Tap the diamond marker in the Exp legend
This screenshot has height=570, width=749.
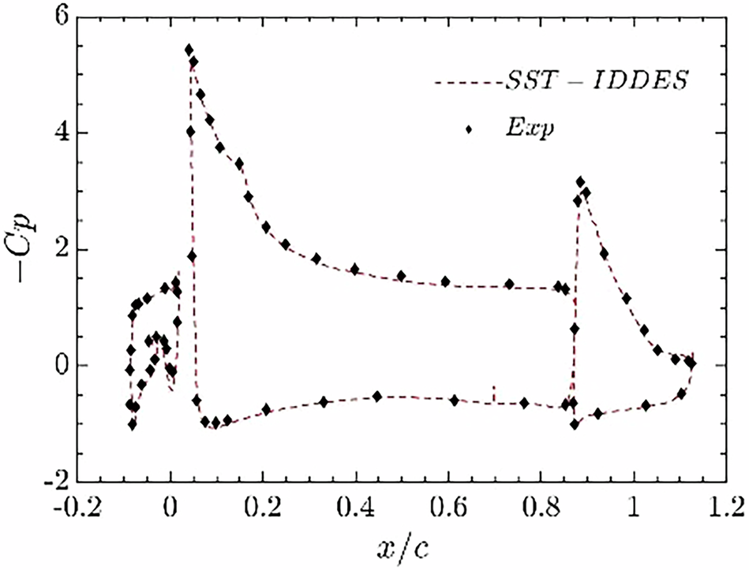(470, 129)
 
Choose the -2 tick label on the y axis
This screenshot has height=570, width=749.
(67, 481)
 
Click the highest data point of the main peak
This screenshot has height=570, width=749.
(189, 50)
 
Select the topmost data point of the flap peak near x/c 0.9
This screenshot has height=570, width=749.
(581, 182)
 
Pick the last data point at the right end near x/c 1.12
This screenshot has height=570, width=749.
(691, 363)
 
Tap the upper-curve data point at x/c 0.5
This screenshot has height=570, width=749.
(401, 276)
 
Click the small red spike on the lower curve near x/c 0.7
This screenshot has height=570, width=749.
(494, 393)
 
